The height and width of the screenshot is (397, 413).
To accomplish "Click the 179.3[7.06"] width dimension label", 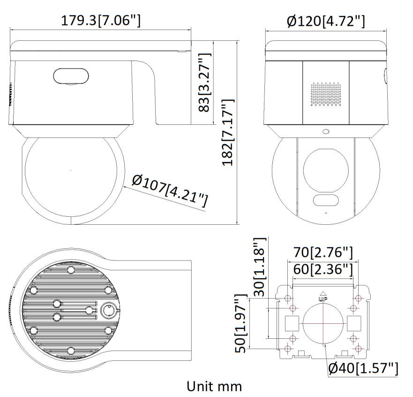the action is tap(101, 20).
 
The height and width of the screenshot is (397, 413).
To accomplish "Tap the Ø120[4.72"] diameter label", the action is tap(326, 21).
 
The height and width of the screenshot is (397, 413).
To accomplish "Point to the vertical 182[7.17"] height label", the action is tap(228, 132).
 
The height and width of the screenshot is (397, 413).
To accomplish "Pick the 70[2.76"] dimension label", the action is tap(323, 252).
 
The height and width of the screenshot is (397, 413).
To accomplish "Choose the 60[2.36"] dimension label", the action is tap(323, 269).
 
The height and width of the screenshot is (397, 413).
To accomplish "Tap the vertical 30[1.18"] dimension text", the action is tap(259, 267).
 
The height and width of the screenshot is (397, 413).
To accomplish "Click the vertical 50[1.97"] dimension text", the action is tap(240, 323).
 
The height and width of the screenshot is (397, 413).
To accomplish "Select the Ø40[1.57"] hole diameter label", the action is tap(363, 368).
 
